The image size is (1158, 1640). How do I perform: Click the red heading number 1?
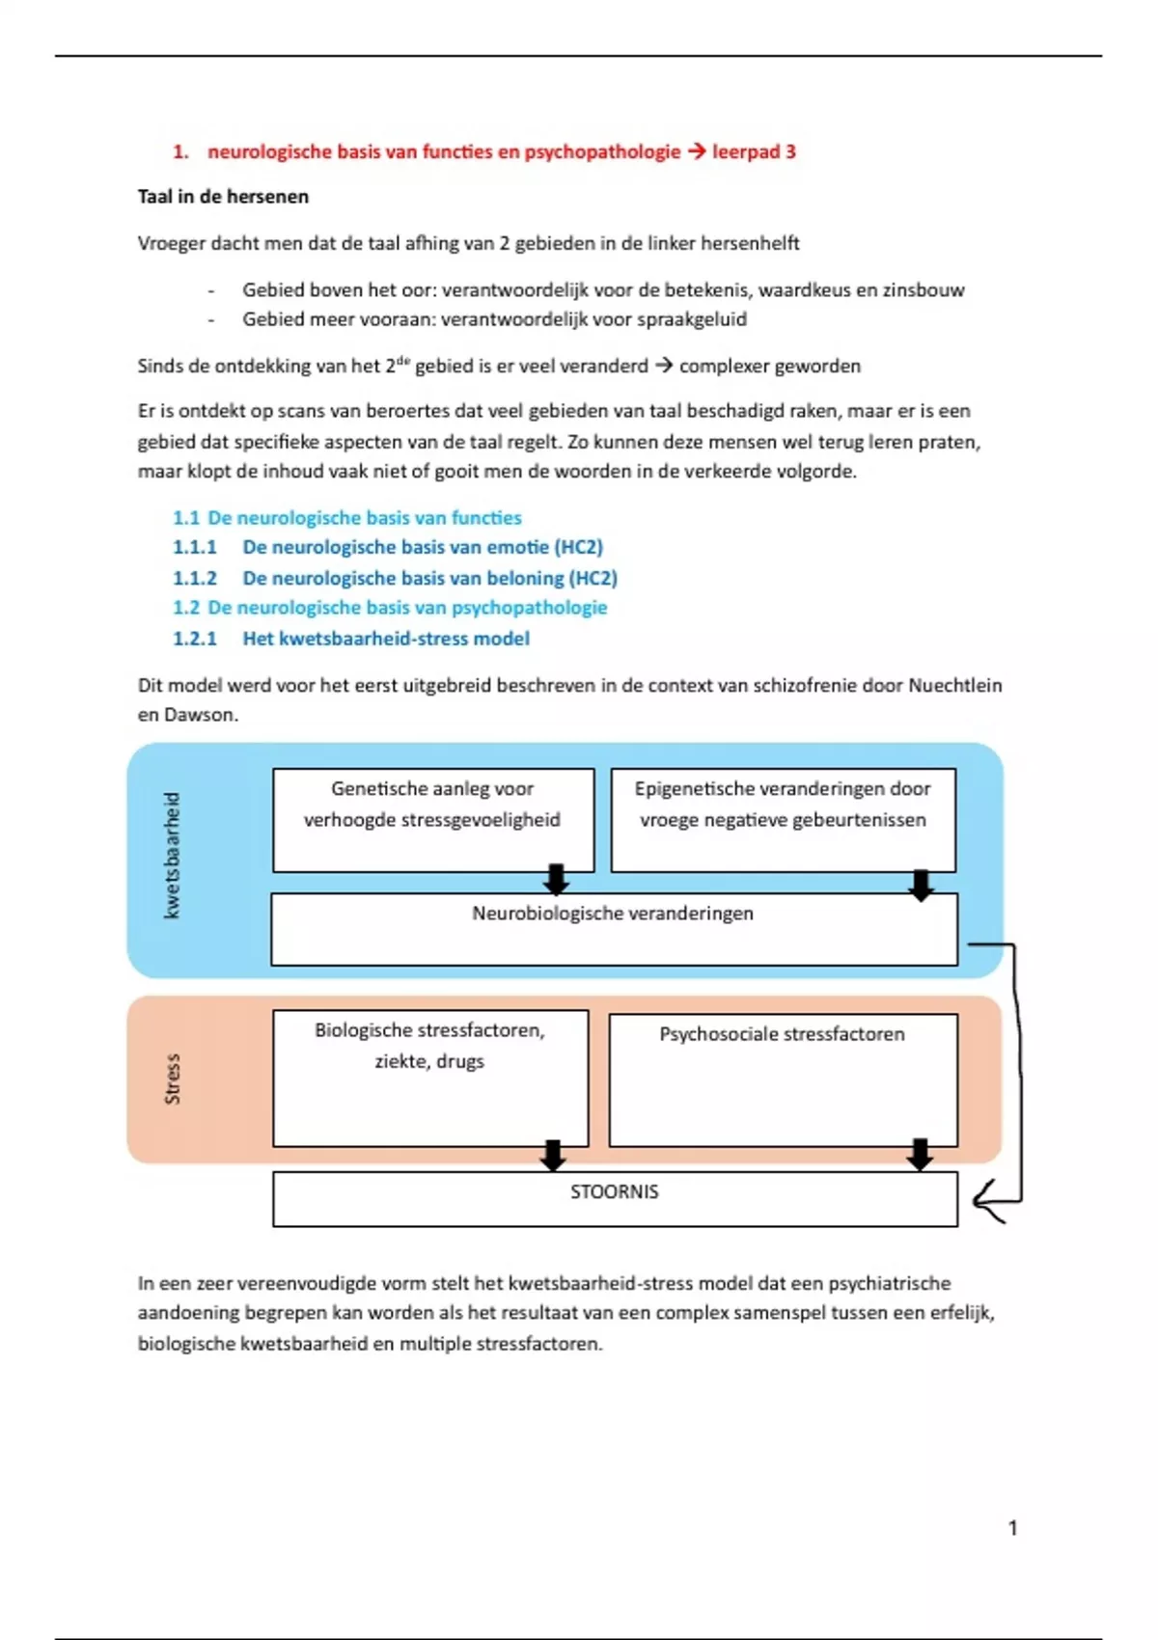[179, 151]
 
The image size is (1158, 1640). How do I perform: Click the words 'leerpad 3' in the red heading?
[754, 151]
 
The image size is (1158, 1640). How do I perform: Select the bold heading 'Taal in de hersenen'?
[223, 197]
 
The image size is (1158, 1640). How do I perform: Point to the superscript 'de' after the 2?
[403, 359]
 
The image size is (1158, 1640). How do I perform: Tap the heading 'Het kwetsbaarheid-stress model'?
[386, 639]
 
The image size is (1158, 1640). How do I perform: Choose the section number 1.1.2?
[195, 578]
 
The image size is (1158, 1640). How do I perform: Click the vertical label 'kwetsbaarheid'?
[172, 856]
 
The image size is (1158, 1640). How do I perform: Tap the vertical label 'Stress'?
[172, 1079]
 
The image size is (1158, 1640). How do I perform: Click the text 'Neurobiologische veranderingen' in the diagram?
[613, 914]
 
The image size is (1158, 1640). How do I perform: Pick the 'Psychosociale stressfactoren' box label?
[782, 1034]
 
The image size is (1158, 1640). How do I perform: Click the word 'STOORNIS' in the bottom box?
[615, 1192]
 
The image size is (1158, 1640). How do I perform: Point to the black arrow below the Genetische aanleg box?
[556, 879]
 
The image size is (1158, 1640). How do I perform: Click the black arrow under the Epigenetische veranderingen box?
[922, 885]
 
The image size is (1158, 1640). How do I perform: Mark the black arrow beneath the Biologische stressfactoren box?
[553, 1155]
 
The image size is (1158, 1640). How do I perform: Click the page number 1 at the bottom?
[1012, 1528]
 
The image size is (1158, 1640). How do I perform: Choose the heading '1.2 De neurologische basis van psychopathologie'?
[390, 608]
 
